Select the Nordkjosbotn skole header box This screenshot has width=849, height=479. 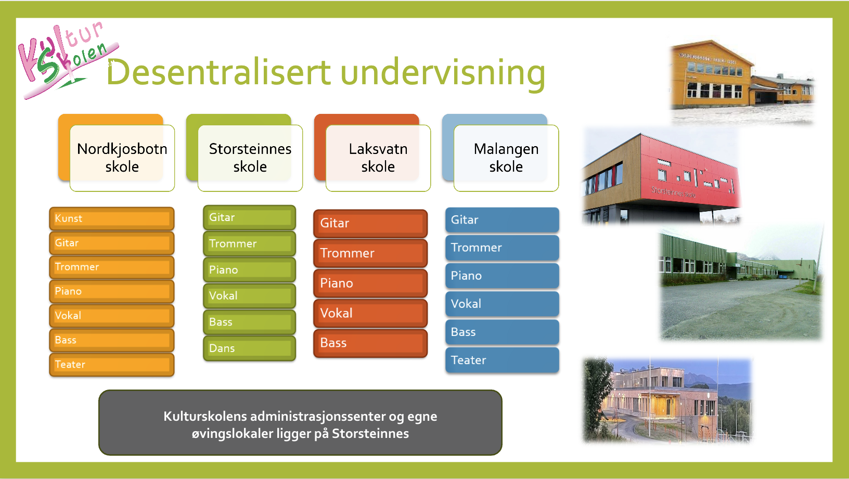[x=117, y=153]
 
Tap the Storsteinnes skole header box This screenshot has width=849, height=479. [x=245, y=153]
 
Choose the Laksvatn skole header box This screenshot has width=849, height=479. [x=372, y=153]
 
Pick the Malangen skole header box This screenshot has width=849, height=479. [x=500, y=153]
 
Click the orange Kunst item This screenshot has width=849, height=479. [x=112, y=218]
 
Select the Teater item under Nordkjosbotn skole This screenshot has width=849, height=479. [x=112, y=365]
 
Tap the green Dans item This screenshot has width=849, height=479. [x=249, y=348]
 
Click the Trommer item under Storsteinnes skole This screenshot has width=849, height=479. [x=249, y=244]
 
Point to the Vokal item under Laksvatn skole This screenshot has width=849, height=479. [x=370, y=314]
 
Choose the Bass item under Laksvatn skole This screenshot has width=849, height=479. [x=370, y=343]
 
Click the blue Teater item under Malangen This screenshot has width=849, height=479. [x=502, y=360]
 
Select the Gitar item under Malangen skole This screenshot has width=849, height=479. [x=502, y=220]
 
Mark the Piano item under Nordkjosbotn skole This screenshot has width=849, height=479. [x=112, y=291]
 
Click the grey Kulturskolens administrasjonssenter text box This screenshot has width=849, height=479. [x=300, y=422]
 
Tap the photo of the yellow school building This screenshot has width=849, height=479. [x=742, y=82]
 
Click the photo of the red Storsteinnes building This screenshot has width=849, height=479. [x=661, y=176]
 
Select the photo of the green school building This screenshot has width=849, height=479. [x=741, y=283]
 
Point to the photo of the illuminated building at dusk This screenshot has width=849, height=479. [x=667, y=400]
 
